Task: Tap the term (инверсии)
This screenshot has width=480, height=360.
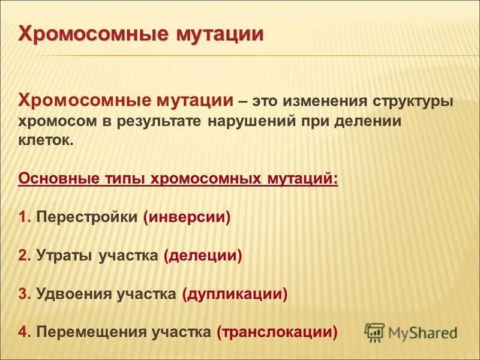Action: click(x=187, y=217)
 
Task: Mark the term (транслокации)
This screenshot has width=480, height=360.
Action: click(x=277, y=332)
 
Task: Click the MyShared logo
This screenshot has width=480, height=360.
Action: click(x=411, y=332)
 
